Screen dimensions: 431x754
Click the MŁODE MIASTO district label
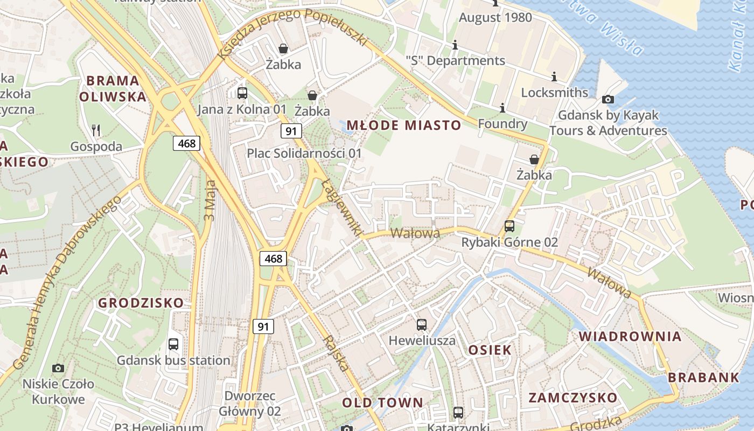pyautogui.click(x=403, y=126)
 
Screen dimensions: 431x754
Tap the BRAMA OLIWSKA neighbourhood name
pyautogui.click(x=113, y=89)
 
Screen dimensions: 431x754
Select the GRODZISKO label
pyautogui.click(x=141, y=303)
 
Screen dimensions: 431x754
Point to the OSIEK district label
pyautogui.click(x=490, y=350)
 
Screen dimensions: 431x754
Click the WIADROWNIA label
pyautogui.click(x=630, y=336)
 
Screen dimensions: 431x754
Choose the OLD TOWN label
pyautogui.click(x=382, y=402)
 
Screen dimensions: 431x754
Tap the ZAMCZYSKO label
pyautogui.click(x=573, y=398)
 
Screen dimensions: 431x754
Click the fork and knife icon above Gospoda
pyautogui.click(x=96, y=130)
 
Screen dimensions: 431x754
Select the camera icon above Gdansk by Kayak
pyautogui.click(x=608, y=99)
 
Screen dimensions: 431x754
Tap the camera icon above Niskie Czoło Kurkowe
pyautogui.click(x=58, y=368)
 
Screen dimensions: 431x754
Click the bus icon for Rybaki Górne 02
pyautogui.click(x=509, y=226)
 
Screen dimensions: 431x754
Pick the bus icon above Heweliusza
pyautogui.click(x=422, y=325)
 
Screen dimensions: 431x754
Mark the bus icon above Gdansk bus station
pyautogui.click(x=173, y=344)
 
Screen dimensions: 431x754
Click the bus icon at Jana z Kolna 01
pyautogui.click(x=242, y=93)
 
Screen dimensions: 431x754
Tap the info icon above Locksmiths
pyautogui.click(x=554, y=77)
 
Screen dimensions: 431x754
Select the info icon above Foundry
pyautogui.click(x=502, y=108)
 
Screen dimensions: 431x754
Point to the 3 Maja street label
pyautogui.click(x=210, y=200)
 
